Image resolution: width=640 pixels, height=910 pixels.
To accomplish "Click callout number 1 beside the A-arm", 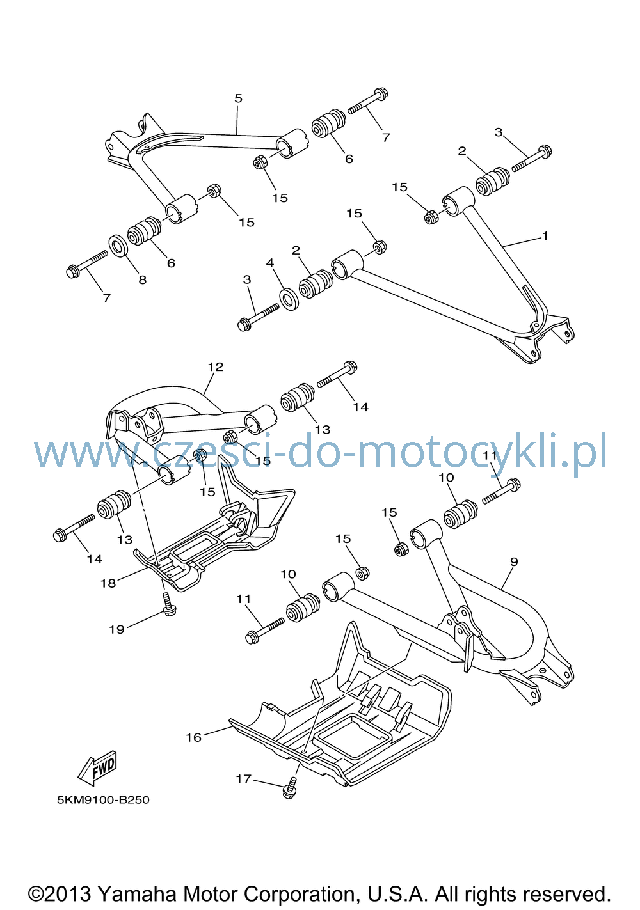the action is pyautogui.click(x=545, y=235).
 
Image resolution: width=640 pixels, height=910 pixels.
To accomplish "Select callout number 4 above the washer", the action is pyautogui.click(x=270, y=263).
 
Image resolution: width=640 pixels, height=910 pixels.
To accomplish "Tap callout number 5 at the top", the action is pyautogui.click(x=238, y=98).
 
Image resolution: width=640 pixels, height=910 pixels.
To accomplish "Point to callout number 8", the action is pyautogui.click(x=142, y=279).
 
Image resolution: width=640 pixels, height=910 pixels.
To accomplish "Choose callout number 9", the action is pyautogui.click(x=514, y=562).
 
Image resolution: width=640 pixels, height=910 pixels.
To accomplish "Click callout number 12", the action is pyautogui.click(x=216, y=367).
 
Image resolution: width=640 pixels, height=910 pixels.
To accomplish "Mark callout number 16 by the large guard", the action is pyautogui.click(x=193, y=737).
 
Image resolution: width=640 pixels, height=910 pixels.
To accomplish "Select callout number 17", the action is pyautogui.click(x=244, y=779).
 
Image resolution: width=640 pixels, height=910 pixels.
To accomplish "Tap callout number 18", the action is pyautogui.click(x=108, y=583).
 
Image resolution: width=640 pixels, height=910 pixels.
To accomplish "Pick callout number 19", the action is pyautogui.click(x=116, y=629).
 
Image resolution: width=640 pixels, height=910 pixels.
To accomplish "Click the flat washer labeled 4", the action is pyautogui.click(x=289, y=299).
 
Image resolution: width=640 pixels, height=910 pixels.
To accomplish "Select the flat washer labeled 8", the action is pyautogui.click(x=119, y=246).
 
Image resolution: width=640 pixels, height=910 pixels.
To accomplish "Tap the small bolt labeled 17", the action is pyautogui.click(x=291, y=788).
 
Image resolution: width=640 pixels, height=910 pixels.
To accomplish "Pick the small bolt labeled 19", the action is pyautogui.click(x=168, y=605).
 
